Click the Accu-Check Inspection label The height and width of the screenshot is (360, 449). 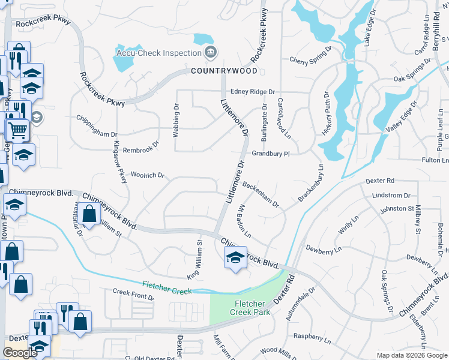tap(157, 53)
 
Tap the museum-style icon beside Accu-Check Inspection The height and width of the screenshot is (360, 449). tap(210, 53)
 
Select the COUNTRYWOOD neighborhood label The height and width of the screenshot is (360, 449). tap(224, 71)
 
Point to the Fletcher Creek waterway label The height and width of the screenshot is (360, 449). tap(167, 287)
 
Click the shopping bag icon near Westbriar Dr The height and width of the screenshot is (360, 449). tap(89, 214)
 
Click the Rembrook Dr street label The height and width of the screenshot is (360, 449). tap(142, 144)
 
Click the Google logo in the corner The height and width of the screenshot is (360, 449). tap(20, 353)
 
